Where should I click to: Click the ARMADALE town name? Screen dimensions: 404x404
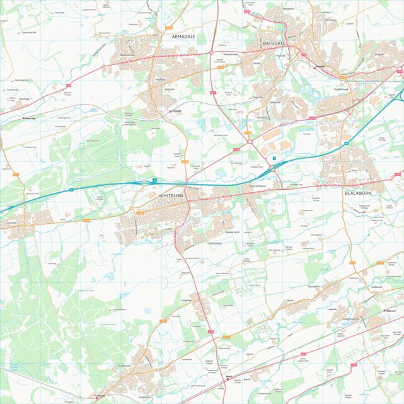(183, 37)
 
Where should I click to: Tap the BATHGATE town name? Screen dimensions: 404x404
(275, 43)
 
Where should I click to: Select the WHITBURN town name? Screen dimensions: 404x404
(171, 196)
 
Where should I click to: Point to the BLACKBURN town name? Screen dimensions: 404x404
(357, 193)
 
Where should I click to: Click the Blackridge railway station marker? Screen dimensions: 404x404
(25, 118)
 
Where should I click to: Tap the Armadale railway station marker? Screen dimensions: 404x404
(171, 111)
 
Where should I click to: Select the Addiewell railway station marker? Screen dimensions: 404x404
(385, 310)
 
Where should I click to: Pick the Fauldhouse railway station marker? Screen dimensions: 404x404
(96, 397)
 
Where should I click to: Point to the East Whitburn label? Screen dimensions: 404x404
(257, 186)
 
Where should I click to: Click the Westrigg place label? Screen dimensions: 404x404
(24, 99)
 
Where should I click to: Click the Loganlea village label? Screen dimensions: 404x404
(332, 309)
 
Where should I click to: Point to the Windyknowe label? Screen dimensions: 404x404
(231, 54)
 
